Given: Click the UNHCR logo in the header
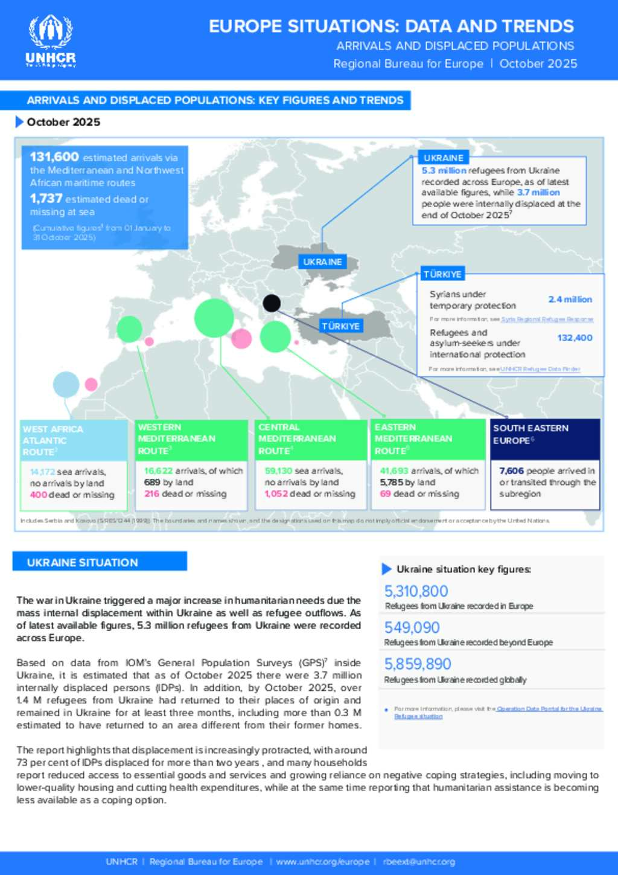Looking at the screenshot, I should coord(51,40).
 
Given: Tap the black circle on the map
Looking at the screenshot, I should coord(272,303).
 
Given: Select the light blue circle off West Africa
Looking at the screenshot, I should coord(66,385).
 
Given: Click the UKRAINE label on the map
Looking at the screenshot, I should coord(322,262).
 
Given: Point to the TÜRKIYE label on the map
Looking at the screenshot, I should coord(340,326).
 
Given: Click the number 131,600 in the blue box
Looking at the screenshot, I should coord(54,157).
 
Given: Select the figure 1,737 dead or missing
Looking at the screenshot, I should coord(46,199).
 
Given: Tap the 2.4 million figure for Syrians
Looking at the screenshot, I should coord(570,300).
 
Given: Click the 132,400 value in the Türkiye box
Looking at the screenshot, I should coord(575,338).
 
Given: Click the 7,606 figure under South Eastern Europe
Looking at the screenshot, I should coord(511,471).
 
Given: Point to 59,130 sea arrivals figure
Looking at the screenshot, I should coord(278,471).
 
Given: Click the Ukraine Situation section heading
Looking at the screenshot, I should coord(83,562).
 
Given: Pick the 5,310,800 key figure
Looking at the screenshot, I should coord(416,591).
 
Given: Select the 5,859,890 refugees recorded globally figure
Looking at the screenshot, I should coord(418,664).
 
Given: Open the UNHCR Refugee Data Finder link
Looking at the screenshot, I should coord(540,369).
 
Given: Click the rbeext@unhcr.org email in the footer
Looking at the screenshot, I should coord(419,862).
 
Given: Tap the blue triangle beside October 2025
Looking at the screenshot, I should coord(19,122).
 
